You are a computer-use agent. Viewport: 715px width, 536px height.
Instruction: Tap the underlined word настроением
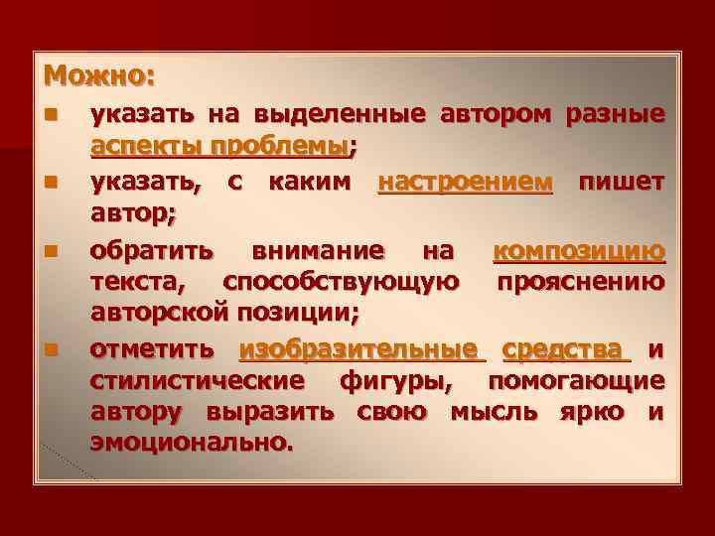(x=465, y=182)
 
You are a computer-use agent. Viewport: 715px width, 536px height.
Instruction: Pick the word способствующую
(x=341, y=281)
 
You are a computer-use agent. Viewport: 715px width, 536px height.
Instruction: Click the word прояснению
(x=581, y=281)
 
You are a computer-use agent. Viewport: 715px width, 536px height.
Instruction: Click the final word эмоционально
(x=192, y=444)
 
